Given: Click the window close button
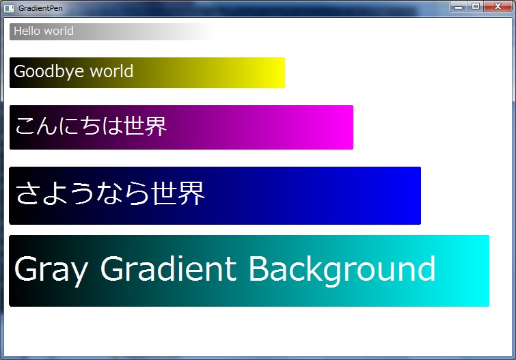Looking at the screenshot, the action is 498,6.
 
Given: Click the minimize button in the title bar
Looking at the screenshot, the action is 459,6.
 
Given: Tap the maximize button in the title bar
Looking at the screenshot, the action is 476,6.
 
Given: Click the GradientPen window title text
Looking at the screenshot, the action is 40,8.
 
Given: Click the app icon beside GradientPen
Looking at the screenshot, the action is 9,8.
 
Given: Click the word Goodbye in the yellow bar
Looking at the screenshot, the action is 49,72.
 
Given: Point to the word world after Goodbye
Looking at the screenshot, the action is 111,71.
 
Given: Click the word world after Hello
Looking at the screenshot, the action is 59,31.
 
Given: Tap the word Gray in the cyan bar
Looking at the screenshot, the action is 51,271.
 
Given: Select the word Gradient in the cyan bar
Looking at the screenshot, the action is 169,268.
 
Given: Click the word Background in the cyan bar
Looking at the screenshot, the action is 342,271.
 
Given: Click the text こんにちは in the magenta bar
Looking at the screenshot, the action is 69,126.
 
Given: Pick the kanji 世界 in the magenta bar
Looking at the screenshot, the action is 145,126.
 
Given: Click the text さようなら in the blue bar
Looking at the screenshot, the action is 82,193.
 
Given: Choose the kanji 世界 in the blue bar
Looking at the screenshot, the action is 178,193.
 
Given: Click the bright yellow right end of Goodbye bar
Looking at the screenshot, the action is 278,72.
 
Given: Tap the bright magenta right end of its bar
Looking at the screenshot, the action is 346,127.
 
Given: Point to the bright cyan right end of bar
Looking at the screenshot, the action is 480,271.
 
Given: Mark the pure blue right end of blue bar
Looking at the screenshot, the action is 413,196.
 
